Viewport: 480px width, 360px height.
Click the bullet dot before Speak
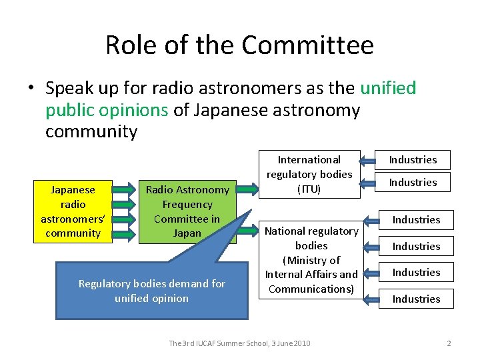click(31, 88)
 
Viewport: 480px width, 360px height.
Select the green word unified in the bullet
click(388, 87)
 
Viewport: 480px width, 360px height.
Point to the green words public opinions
click(107, 109)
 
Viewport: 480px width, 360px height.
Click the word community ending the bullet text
click(91, 131)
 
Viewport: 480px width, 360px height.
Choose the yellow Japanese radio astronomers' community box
click(73, 211)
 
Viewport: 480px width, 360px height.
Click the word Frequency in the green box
click(187, 205)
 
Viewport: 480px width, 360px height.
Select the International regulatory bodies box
click(309, 174)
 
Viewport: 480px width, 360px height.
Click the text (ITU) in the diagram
click(309, 189)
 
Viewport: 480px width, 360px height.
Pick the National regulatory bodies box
click(311, 259)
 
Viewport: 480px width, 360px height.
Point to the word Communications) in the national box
click(311, 289)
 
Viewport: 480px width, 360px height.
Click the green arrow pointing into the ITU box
click(249, 189)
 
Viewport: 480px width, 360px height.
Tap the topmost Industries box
click(413, 160)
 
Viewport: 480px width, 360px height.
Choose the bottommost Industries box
click(416, 299)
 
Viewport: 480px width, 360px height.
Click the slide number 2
click(449, 343)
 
